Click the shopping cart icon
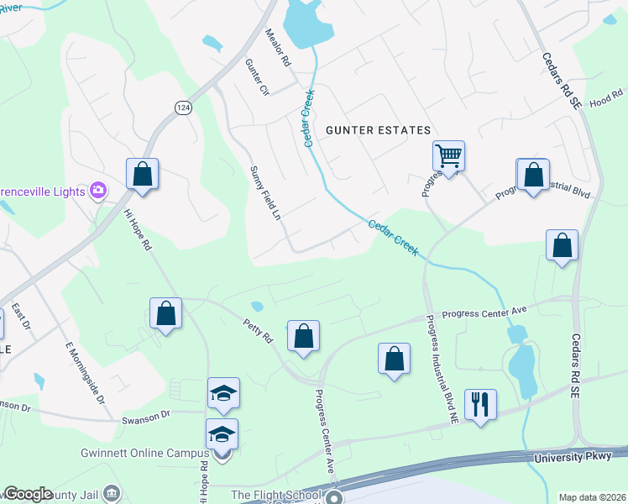pyautogui.click(x=448, y=155)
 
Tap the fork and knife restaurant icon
pyautogui.click(x=480, y=404)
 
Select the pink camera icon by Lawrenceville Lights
pyautogui.click(x=98, y=191)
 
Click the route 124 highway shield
pyautogui.click(x=182, y=108)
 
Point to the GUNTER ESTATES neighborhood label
pyautogui.click(x=378, y=130)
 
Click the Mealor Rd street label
pyautogui.click(x=277, y=49)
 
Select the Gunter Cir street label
pyautogui.click(x=256, y=77)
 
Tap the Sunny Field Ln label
pyautogui.click(x=264, y=192)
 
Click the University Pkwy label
pyautogui.click(x=578, y=456)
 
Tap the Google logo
pyautogui.click(x=28, y=494)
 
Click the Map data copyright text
pyautogui.click(x=592, y=497)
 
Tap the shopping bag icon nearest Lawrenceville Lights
pyautogui.click(x=142, y=174)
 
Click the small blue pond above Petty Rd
pyautogui.click(x=257, y=305)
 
